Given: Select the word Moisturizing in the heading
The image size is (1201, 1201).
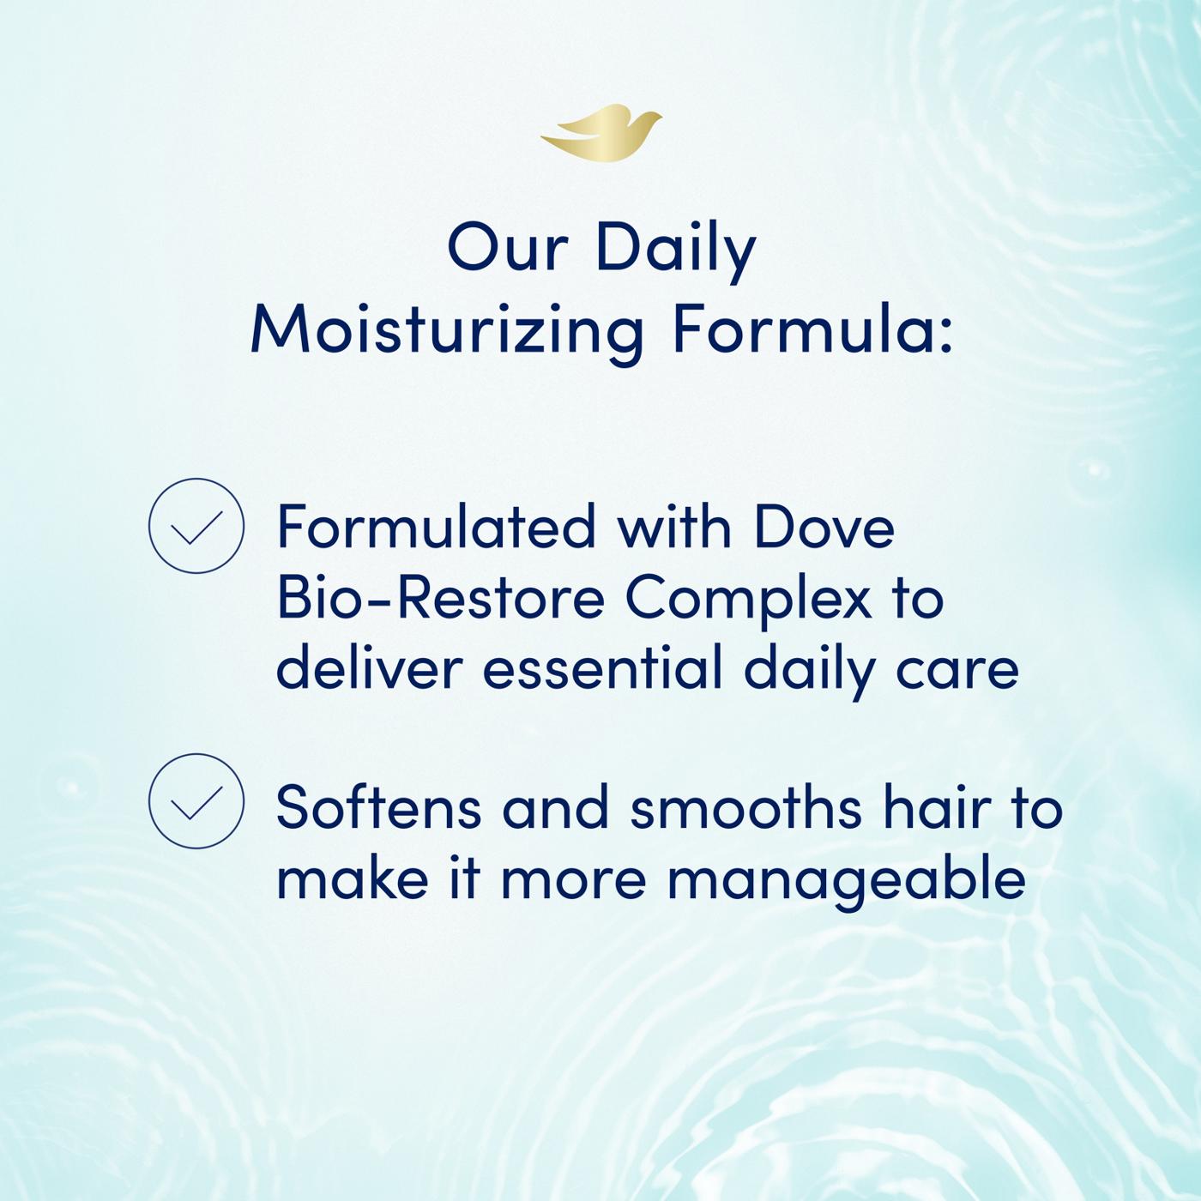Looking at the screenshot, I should pyautogui.click(x=446, y=331).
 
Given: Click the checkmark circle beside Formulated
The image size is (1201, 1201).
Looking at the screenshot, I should pyautogui.click(x=196, y=526).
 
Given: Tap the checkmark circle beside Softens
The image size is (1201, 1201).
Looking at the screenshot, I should pyautogui.click(x=196, y=800).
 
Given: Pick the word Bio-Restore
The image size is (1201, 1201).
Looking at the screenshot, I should pyautogui.click(x=441, y=598).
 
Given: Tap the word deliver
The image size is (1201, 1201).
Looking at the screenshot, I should pyautogui.click(x=369, y=668).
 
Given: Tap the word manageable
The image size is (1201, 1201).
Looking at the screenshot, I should pyautogui.click(x=846, y=879).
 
